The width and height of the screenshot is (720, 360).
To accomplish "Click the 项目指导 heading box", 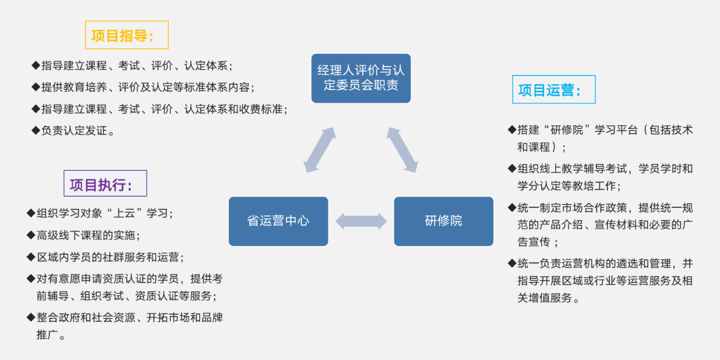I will tap(127, 35).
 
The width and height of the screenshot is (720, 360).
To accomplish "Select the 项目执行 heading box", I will tap(105, 184).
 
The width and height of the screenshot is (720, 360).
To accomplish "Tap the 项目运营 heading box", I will tap(553, 90).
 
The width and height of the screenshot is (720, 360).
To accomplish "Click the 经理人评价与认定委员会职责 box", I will tap(361, 78).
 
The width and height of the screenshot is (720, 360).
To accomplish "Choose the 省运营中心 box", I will tap(278, 221).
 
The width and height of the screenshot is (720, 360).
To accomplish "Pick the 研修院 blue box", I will tap(443, 221).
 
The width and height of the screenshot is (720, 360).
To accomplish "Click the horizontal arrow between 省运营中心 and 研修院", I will tap(361, 221).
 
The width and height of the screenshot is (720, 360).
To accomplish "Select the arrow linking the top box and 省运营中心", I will tap(320, 150).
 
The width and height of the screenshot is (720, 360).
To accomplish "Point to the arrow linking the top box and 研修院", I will tap(402, 150).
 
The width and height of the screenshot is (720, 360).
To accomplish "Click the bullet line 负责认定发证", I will tap(77, 131).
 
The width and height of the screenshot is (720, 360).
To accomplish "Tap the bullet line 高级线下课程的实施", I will tap(87, 235).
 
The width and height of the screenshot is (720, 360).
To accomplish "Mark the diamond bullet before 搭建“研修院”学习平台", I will tap(512, 129).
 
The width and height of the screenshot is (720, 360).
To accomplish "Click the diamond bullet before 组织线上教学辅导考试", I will tap(512, 168).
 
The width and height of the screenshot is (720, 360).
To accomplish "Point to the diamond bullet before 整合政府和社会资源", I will tap(31, 317).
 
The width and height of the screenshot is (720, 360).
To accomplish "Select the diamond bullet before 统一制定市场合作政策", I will tap(512, 207).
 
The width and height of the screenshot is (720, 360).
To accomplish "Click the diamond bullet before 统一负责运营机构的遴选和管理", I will tap(512, 263).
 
